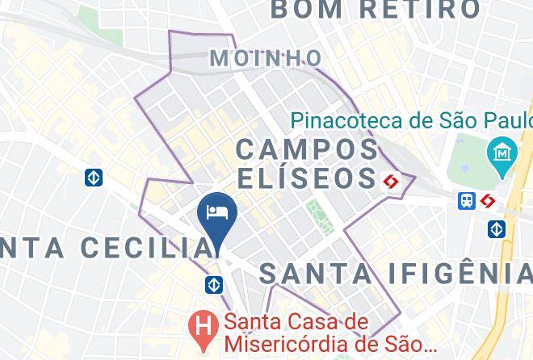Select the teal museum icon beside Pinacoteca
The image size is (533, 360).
[x=502, y=152]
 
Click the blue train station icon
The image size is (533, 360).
[x=467, y=201]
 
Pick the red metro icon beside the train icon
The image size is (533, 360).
[x=487, y=201]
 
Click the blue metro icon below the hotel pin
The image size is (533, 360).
[x=214, y=284]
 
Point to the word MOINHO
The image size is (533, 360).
[x=265, y=58]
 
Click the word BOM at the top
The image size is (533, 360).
[x=304, y=10]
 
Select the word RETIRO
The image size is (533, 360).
[x=420, y=10]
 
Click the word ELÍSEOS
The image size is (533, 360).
[x=307, y=177]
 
